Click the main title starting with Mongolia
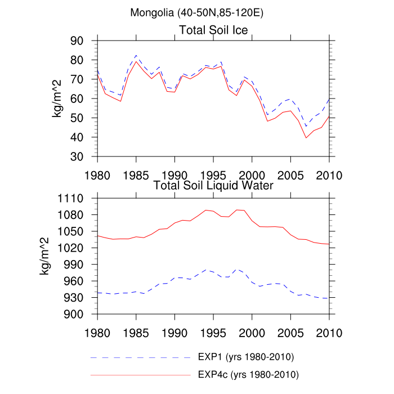click(x=197, y=12)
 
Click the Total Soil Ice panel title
click(x=213, y=29)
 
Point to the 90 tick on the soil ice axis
click(x=84, y=41)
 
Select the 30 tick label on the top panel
click(x=84, y=156)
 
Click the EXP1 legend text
click(x=246, y=357)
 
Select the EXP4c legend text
click(x=248, y=374)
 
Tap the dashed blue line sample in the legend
click(x=141, y=357)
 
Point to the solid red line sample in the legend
click(x=141, y=374)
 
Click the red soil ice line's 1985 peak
click(x=136, y=61)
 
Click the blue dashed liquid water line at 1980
click(x=97, y=293)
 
